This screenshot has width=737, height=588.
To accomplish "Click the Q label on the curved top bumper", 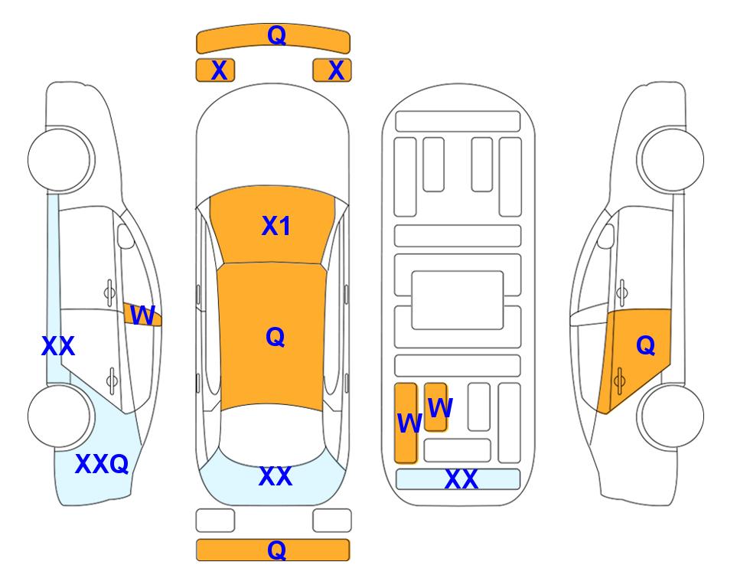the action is [x=276, y=34].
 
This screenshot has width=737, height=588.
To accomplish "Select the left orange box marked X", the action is [x=215, y=70].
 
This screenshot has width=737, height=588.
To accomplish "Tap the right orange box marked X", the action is [x=332, y=70].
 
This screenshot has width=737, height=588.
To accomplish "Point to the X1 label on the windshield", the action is [x=276, y=226].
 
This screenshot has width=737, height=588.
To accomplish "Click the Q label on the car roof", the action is [x=275, y=337].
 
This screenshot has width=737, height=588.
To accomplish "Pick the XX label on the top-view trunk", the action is [x=276, y=476].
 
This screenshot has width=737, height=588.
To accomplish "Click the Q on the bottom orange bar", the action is [x=276, y=550].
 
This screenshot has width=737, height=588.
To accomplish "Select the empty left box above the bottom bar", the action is [x=215, y=521].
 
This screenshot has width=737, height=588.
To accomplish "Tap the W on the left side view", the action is [x=142, y=315].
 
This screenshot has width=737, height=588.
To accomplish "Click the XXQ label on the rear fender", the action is [x=102, y=464].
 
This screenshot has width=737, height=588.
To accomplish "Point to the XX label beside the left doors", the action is [x=58, y=346].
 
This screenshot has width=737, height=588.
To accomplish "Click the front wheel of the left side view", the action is [x=59, y=159].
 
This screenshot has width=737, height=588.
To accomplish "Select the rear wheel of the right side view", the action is [x=672, y=416].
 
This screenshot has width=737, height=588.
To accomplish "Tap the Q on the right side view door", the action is [x=645, y=345].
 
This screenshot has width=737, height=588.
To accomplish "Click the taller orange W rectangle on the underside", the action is [x=406, y=423].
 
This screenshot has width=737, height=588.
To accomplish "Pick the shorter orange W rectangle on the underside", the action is [x=435, y=407].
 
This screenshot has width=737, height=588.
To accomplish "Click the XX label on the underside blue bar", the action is [x=461, y=479].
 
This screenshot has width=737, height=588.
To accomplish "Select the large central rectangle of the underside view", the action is [x=458, y=300].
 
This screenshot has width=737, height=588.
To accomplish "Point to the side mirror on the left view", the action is [x=125, y=236].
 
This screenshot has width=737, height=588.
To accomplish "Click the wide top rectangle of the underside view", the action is [x=458, y=122].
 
